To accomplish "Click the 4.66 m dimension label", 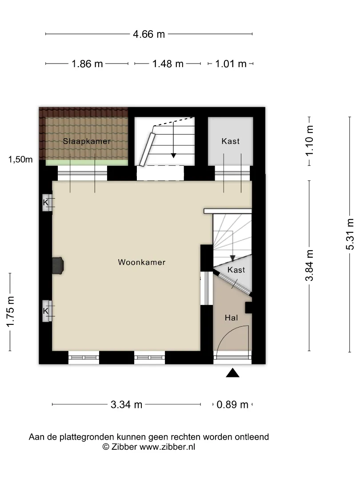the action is click(149, 34).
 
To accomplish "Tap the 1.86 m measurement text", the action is click(87, 64).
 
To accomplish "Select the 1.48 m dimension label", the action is click(168, 64).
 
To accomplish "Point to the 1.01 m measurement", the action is click(231, 64).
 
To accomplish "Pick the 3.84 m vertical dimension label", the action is click(309, 265).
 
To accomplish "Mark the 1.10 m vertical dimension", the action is click(309, 141).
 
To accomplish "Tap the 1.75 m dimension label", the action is click(10, 312).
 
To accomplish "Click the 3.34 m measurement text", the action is click(126, 404).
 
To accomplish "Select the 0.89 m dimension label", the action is click(232, 404).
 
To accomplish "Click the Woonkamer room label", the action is click(142, 262).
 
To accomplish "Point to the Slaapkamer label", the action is click(87, 141).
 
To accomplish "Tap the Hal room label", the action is click(232, 318).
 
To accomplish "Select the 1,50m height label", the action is click(20, 159).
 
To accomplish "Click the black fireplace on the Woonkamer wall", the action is click(58, 265).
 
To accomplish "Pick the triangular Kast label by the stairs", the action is click(236, 270).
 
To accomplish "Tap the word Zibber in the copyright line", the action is click(124, 447).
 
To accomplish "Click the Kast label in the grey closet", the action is click(231, 141).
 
